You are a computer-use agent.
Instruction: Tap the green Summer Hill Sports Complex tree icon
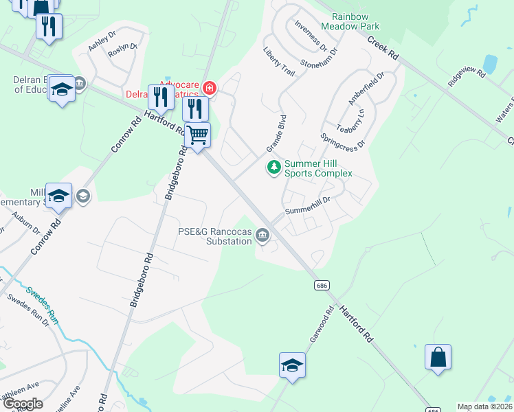pyautogui.click(x=274, y=168)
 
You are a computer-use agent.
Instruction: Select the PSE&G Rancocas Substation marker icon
pyautogui.click(x=262, y=236)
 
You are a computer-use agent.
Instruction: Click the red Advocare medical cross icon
pyautogui.click(x=209, y=88)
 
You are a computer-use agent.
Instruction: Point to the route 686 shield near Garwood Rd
pyautogui.click(x=321, y=284)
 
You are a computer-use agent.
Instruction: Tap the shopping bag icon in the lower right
pyautogui.click(x=438, y=357)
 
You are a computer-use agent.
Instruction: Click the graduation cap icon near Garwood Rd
pyautogui.click(x=292, y=365)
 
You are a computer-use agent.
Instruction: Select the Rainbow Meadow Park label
pyautogui.click(x=355, y=21)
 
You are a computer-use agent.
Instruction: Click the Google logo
pyautogui.click(x=23, y=404)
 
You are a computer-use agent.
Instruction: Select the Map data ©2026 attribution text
pyautogui.click(x=484, y=407)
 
